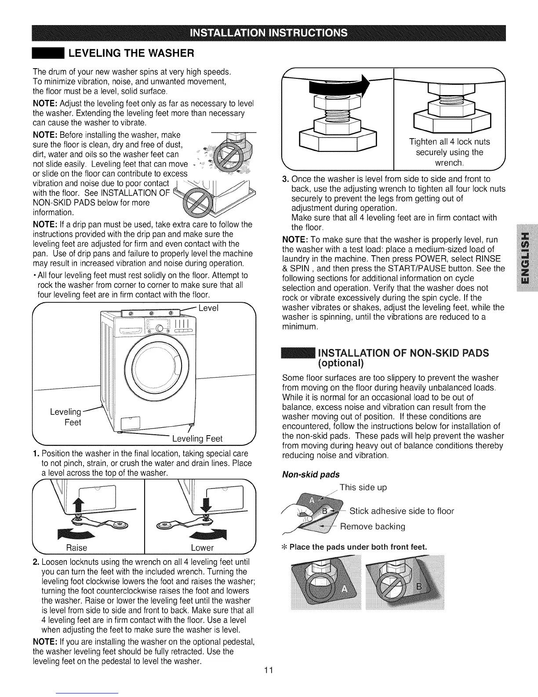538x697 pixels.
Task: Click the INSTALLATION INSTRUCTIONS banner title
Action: coord(269,33)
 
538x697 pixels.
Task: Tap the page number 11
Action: coord(269,671)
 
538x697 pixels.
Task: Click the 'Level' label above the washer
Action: coord(208,308)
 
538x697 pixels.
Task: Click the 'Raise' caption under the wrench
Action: coord(76,548)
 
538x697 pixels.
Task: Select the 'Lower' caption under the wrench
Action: coord(202,548)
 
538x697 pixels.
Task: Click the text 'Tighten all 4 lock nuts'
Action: coord(449,142)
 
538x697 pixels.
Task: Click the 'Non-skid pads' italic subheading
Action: coord(311,474)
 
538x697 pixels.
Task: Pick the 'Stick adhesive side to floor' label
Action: coord(401,511)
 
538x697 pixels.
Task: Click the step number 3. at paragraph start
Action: coord(284,179)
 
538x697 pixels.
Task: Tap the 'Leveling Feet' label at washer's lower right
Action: coord(197,439)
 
